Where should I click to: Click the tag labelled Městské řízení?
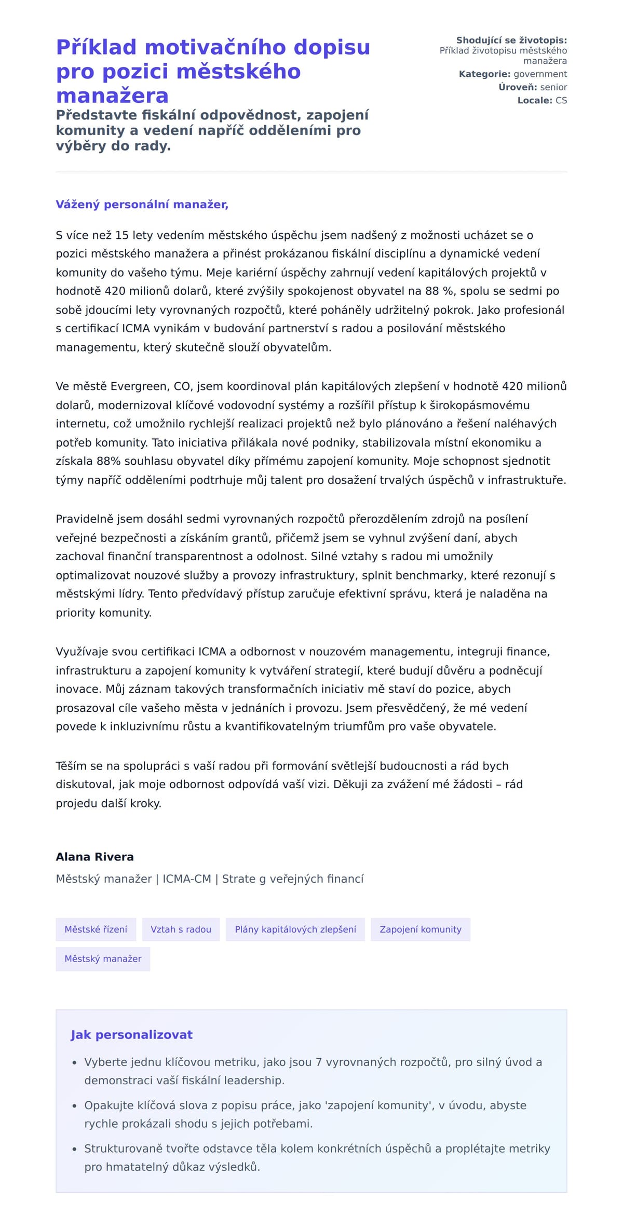[x=96, y=929]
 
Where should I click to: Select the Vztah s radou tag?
[x=181, y=929]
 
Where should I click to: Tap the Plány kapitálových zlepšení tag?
[x=295, y=929]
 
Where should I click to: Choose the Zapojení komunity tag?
[x=420, y=929]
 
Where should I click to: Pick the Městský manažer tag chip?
[x=103, y=959]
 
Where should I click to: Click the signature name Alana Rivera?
[x=94, y=857]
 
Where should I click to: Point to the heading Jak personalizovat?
[x=131, y=1034]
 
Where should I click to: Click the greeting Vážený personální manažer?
[x=142, y=205]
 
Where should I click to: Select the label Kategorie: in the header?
[x=484, y=74]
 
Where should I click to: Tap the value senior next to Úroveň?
[x=553, y=87]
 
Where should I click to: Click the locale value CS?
[x=561, y=100]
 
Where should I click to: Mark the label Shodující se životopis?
[x=511, y=41]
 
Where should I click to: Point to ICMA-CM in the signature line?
[x=187, y=879]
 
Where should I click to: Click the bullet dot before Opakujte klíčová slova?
[x=75, y=1106]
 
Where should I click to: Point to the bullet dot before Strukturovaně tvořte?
[x=75, y=1150]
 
